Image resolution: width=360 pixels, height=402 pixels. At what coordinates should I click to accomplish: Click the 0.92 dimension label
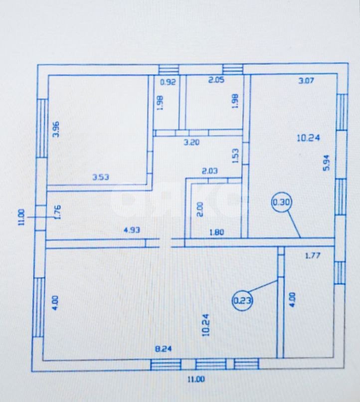(x=168, y=82)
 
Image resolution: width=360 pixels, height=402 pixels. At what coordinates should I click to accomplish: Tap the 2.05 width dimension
(x=216, y=80)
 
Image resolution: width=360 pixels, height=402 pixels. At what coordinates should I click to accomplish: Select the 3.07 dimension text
(x=306, y=81)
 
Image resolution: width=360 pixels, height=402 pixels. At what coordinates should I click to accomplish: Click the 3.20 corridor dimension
(x=191, y=142)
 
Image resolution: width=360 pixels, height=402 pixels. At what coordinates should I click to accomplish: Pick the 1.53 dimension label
(x=235, y=156)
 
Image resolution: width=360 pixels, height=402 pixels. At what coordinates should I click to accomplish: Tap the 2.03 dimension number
(x=210, y=171)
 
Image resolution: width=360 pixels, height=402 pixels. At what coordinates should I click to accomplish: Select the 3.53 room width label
(x=101, y=177)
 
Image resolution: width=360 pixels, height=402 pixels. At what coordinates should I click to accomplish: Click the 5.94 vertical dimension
(x=327, y=163)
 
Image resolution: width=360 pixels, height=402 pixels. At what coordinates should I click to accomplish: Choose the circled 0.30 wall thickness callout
(x=282, y=202)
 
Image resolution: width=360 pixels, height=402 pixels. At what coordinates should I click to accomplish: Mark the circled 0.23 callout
(x=242, y=300)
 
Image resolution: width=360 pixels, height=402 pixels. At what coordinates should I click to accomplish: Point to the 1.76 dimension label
(x=58, y=212)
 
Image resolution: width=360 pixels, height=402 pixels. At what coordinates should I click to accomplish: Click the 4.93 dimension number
(x=132, y=230)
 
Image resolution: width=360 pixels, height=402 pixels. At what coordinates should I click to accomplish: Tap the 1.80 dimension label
(x=217, y=232)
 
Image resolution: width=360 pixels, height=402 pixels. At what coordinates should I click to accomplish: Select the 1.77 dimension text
(x=313, y=255)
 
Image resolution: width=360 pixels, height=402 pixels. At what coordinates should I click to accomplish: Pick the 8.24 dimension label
(x=163, y=349)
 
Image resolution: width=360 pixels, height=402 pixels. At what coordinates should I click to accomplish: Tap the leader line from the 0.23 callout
(x=263, y=287)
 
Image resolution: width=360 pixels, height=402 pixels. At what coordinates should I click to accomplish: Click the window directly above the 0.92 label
(x=169, y=69)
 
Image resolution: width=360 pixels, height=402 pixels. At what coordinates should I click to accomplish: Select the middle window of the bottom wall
(x=211, y=364)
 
